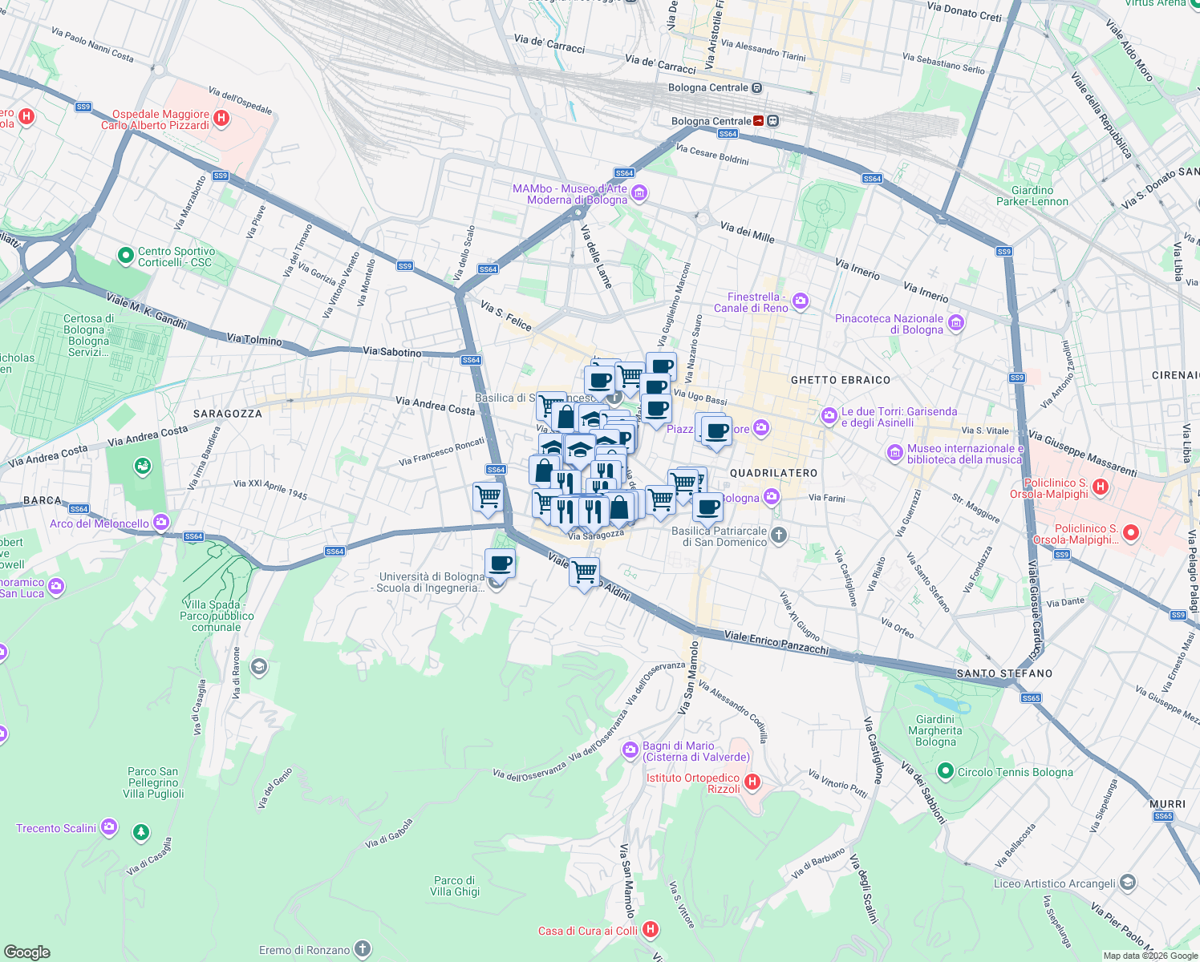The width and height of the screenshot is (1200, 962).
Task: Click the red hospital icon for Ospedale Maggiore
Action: pos(222,119)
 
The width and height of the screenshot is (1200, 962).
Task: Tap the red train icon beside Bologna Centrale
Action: pos(759,121)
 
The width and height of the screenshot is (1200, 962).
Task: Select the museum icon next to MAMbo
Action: pos(639,193)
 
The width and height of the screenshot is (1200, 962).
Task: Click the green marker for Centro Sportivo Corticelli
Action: pos(125,256)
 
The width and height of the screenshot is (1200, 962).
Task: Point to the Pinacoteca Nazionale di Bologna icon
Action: pos(955,323)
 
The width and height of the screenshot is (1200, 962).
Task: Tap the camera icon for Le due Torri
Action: pos(829,416)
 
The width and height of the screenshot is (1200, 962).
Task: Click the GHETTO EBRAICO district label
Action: pos(840,380)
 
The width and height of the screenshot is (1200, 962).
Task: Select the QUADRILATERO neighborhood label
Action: pos(773,473)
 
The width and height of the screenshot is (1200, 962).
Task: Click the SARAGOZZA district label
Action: pos(228,414)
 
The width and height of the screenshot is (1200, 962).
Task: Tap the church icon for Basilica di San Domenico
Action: pos(778,536)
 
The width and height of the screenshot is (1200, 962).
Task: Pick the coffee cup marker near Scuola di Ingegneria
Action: pos(500,564)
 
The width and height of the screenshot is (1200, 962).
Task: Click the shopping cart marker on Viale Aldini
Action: pos(585,572)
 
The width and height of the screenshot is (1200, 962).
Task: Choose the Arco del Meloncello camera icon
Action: pos(161,523)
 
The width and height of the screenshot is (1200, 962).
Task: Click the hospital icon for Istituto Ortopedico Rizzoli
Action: pos(752,782)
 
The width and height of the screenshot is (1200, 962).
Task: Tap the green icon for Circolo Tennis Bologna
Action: pos(946,771)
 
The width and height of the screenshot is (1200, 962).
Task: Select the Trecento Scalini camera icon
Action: pos(109,827)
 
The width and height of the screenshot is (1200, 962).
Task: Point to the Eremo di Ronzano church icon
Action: pos(363,950)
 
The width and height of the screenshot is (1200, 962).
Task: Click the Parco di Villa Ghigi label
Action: pos(454,886)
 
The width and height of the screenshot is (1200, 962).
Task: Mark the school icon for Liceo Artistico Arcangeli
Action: pos(1127,883)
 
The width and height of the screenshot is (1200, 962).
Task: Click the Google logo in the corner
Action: pos(26,952)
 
